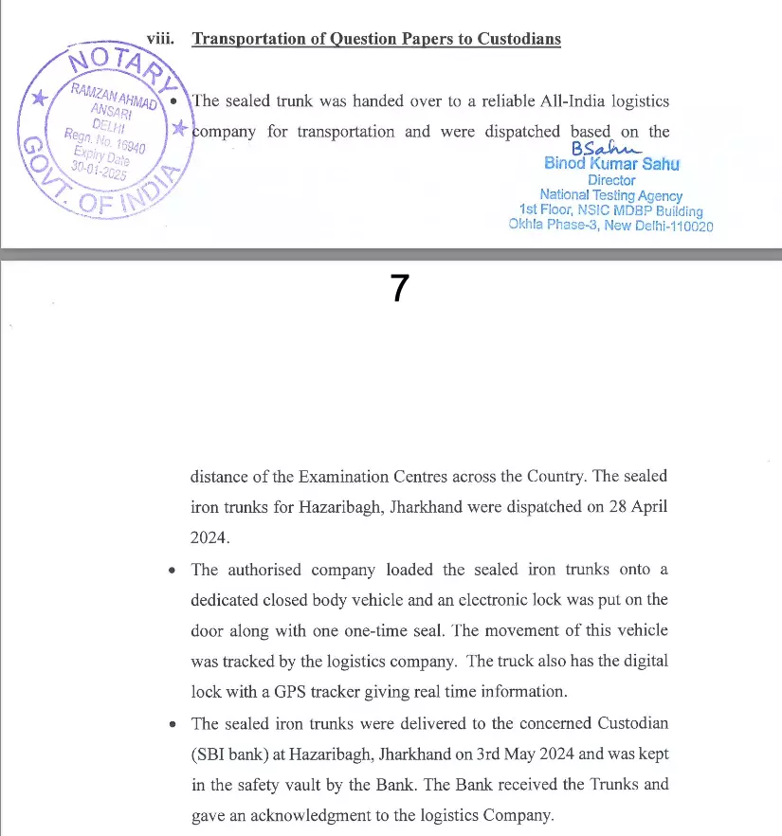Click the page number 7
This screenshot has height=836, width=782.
[399, 288]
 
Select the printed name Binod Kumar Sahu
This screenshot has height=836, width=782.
[611, 164]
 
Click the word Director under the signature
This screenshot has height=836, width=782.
[611, 180]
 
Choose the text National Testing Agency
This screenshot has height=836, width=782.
[610, 195]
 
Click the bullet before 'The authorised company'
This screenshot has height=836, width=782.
[171, 572]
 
